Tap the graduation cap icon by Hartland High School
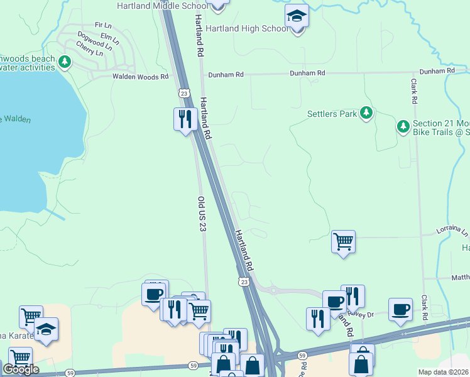click(x=297, y=17)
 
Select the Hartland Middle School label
click(x=162, y=6)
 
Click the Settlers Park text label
click(x=332, y=114)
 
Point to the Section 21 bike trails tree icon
click(x=403, y=126)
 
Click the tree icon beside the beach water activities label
click(x=64, y=62)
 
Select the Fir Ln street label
click(x=102, y=25)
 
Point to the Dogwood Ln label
click(x=94, y=40)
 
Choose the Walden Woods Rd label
click(x=141, y=77)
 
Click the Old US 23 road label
click(x=202, y=214)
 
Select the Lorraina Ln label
click(x=453, y=232)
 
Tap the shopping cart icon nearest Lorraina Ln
click(x=343, y=241)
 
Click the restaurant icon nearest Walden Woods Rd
click(x=185, y=118)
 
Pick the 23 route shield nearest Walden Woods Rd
click(x=183, y=93)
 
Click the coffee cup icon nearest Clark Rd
click(x=400, y=309)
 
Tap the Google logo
click(x=21, y=369)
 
